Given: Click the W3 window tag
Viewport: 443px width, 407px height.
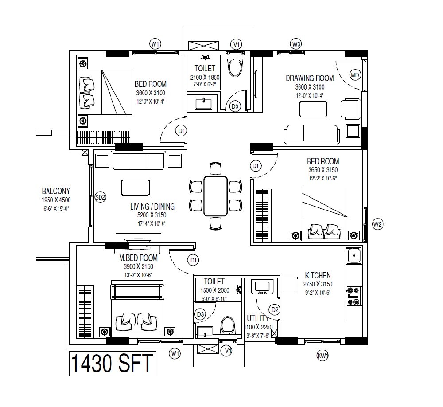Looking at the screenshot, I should click(x=296, y=44).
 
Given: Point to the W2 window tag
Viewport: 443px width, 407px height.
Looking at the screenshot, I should click(x=377, y=224).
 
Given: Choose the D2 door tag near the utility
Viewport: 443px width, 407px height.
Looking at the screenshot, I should click(x=275, y=309).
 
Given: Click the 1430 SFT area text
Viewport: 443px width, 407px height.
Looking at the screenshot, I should click(x=112, y=364).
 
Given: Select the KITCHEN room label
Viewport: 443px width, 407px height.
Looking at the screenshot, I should click(x=318, y=275).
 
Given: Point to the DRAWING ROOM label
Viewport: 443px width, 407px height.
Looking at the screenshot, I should click(x=310, y=78).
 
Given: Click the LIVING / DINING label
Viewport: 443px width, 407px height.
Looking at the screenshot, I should click(x=152, y=206).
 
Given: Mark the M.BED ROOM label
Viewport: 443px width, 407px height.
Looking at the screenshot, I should click(x=138, y=258).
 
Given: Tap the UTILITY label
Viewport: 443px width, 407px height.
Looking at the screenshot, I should click(x=257, y=318).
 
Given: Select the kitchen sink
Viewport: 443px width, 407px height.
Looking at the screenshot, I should click(x=354, y=255).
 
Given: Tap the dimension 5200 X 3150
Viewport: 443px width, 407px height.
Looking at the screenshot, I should click(x=152, y=215).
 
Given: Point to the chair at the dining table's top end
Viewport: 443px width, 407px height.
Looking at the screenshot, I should click(x=215, y=169).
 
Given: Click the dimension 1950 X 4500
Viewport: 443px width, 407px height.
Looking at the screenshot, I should click(x=56, y=200).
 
